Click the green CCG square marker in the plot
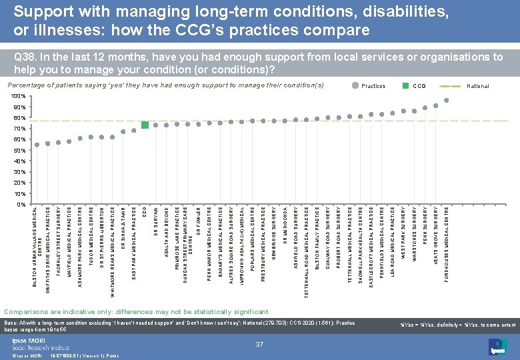(145, 125)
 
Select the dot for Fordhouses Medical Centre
(446, 101)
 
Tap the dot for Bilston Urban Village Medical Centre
(37, 145)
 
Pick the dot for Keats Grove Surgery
(435, 106)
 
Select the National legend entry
(477, 86)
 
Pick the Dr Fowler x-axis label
(199, 221)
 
